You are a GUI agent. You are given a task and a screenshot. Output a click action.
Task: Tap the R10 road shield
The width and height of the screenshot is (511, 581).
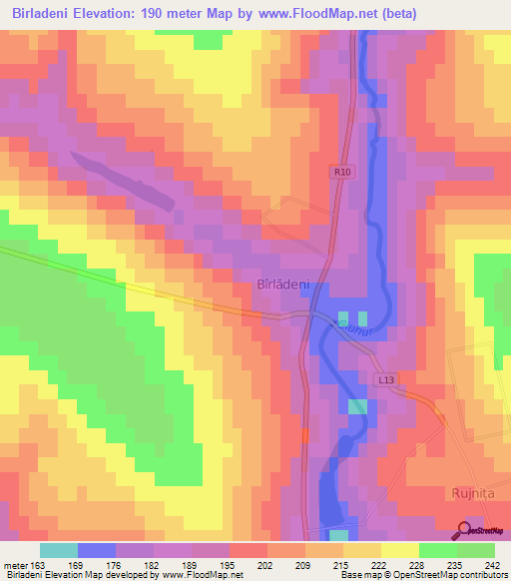(342, 172)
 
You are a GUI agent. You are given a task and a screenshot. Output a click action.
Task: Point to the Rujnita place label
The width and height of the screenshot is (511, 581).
(467, 493)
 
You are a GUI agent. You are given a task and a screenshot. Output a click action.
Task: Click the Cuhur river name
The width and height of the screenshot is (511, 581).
(353, 327)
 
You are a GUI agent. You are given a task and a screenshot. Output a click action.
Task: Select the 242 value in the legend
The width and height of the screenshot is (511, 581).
(491, 565)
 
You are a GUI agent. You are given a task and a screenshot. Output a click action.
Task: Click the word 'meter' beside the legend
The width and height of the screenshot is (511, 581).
(15, 565)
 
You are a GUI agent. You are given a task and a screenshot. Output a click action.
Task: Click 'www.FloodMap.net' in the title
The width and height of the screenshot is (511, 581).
(306, 14)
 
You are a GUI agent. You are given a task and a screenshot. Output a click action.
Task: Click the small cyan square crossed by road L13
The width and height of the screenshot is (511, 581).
(357, 406)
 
